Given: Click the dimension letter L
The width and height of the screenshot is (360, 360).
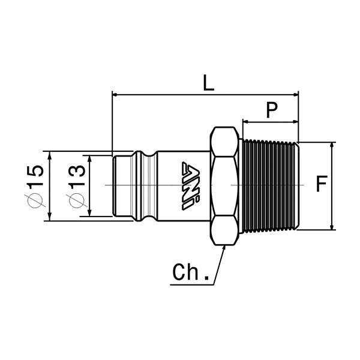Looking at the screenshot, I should (208, 82).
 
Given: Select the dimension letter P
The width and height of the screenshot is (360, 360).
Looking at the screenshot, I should (272, 110).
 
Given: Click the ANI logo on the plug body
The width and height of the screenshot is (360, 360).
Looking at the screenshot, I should (191, 185).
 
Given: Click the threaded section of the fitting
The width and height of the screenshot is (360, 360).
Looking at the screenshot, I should (270, 186).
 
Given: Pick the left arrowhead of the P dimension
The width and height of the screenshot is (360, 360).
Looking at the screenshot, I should (246, 122).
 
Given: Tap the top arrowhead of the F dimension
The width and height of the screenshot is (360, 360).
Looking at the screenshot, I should (332, 146).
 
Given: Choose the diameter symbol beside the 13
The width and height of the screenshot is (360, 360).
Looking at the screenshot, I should (77, 200).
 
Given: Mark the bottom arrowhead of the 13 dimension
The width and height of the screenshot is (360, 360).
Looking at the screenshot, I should (89, 213).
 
